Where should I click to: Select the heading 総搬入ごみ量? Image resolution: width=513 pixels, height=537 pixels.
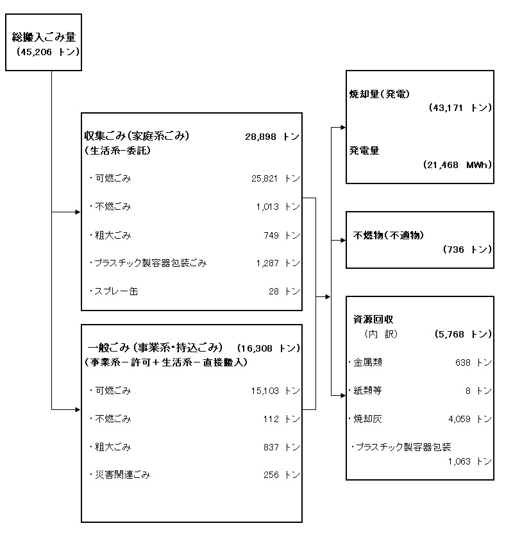click(x=44, y=37)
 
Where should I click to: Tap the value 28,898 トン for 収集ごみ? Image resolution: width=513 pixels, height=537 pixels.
click(x=273, y=137)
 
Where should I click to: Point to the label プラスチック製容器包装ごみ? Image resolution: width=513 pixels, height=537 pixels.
click(x=148, y=263)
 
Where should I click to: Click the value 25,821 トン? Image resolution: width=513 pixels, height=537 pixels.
click(x=276, y=178)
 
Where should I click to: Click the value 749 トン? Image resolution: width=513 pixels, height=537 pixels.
click(x=282, y=235)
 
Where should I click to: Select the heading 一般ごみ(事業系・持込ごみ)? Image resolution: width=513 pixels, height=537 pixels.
click(x=155, y=348)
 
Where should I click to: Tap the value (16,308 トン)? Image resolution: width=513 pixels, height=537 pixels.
click(x=269, y=348)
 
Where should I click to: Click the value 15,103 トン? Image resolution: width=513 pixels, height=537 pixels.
click(x=276, y=391)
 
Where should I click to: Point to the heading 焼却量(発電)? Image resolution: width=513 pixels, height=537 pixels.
click(x=379, y=94)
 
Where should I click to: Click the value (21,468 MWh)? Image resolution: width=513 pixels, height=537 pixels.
click(x=458, y=165)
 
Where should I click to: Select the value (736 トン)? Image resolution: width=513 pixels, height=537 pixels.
click(x=467, y=250)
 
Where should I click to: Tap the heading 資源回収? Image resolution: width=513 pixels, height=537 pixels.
click(x=373, y=320)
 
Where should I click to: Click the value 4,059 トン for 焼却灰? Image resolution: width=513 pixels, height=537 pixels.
click(x=470, y=419)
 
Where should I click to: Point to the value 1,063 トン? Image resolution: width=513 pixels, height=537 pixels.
click(x=470, y=461)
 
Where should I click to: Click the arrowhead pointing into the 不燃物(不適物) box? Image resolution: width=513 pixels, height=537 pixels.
click(x=343, y=241)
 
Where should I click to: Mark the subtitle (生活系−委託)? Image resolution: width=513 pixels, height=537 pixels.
click(x=117, y=151)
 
